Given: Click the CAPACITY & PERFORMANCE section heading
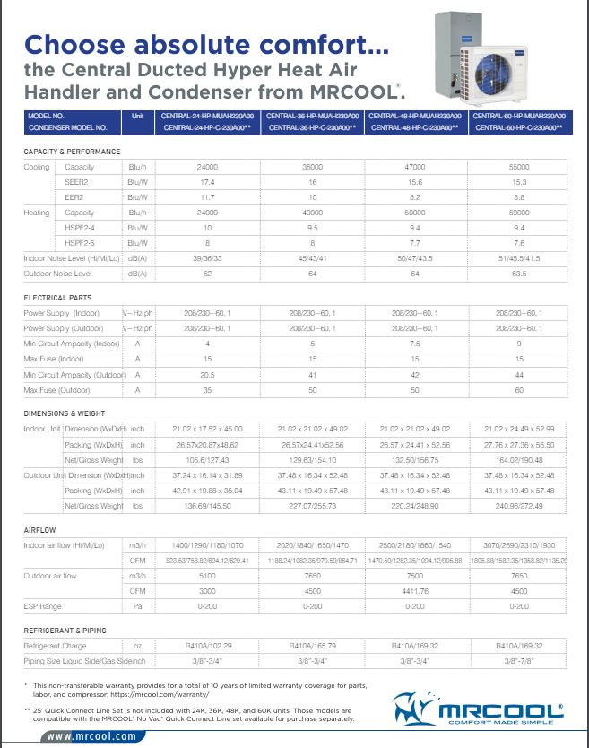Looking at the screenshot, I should (72, 152).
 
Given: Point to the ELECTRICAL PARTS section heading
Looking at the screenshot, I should (57, 297).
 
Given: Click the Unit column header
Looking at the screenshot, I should (137, 117).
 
